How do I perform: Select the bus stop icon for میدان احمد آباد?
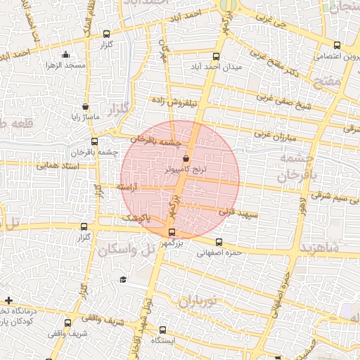216,57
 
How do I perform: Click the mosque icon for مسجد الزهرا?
66,55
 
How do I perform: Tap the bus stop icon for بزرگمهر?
172,233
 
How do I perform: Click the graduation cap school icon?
123,280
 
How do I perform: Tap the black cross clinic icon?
8,301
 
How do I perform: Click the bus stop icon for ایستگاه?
163,329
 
